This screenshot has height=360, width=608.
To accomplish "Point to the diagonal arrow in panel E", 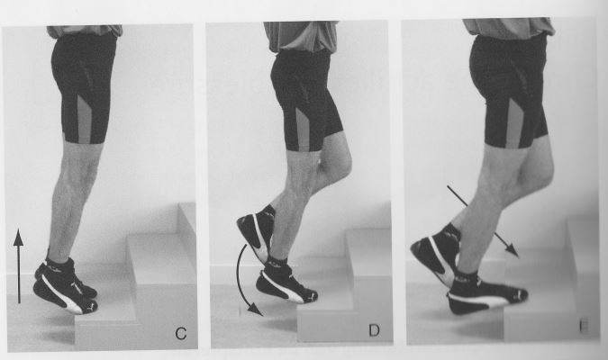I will (x=482, y=220).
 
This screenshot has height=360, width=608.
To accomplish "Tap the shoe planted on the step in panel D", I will (x=287, y=286).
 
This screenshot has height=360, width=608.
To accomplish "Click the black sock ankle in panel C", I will (x=56, y=267).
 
